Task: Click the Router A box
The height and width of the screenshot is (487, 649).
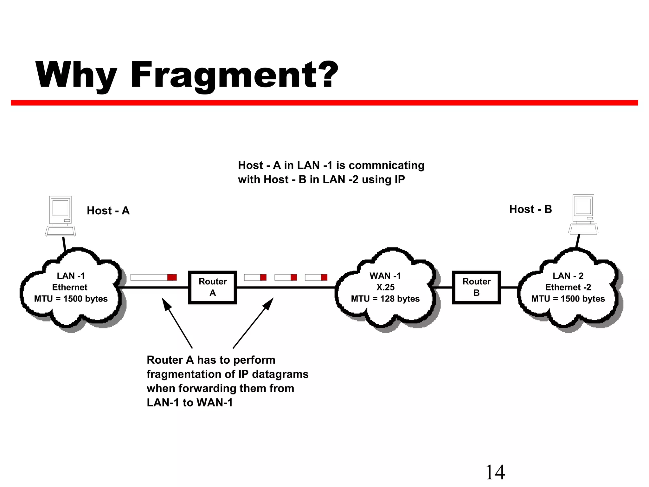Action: click(212, 287)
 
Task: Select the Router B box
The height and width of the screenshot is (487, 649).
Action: click(476, 287)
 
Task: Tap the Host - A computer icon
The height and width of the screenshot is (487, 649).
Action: click(60, 216)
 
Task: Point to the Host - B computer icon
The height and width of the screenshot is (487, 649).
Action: click(583, 215)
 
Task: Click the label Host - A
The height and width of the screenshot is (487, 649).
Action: click(108, 211)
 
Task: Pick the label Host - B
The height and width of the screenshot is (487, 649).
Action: click(530, 209)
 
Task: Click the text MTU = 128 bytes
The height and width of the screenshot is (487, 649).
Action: click(385, 299)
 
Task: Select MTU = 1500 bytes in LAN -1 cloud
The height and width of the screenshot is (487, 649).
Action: click(71, 299)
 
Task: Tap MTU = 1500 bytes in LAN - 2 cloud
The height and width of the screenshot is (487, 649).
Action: click(568, 299)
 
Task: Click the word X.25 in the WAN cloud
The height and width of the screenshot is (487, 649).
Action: click(385, 287)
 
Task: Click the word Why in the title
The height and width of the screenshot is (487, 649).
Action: click(76, 75)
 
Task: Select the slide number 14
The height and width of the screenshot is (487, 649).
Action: click(495, 472)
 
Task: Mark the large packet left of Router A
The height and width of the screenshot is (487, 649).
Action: click(153, 277)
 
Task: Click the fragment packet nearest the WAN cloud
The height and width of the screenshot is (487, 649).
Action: click(316, 277)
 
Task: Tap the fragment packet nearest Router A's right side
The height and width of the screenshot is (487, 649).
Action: click(255, 277)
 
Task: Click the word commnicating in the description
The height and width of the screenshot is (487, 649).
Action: click(386, 165)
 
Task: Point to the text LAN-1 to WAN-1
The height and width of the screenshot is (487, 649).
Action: click(190, 402)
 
